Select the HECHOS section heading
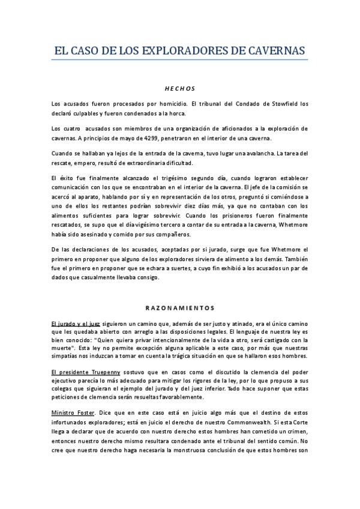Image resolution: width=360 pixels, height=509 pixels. tap(180, 88)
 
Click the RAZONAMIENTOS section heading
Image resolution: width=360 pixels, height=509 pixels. tap(180, 308)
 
